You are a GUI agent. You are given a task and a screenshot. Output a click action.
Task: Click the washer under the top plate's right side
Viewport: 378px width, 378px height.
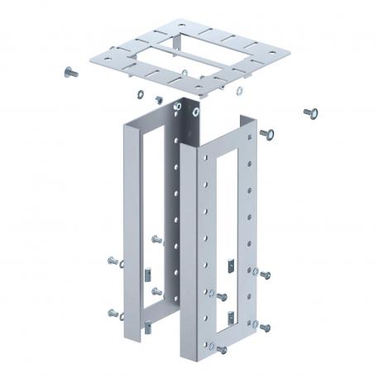click(240, 90)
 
